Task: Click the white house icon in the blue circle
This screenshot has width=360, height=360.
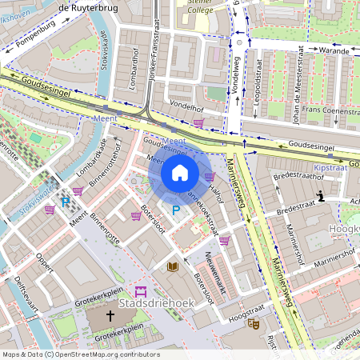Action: click(x=180, y=173)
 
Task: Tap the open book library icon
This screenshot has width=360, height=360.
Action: click(x=173, y=266)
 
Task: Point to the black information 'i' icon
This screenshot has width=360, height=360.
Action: click(x=320, y=196)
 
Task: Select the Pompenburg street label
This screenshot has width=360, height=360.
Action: click(x=33, y=38)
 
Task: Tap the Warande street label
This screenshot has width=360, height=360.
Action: click(x=334, y=50)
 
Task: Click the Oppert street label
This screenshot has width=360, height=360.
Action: click(x=47, y=263)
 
